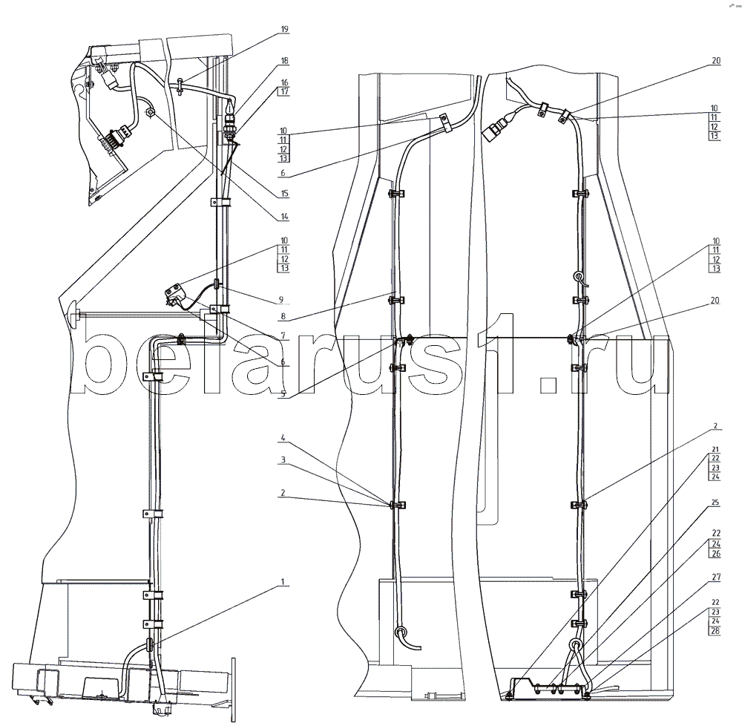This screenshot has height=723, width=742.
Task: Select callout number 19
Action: click(x=285, y=29)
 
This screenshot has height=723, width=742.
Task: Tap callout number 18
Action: click(x=285, y=60)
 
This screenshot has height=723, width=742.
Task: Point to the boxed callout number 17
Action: click(x=285, y=91)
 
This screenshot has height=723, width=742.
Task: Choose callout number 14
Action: click(x=285, y=217)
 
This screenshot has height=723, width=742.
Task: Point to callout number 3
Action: click(x=285, y=460)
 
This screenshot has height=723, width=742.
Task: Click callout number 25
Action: click(x=714, y=503)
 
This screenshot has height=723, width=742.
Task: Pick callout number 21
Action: click(x=714, y=449)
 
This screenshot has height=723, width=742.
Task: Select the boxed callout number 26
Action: click(x=714, y=553)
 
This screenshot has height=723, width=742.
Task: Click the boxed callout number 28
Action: click(x=714, y=630)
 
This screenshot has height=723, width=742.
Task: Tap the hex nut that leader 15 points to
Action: click(x=150, y=113)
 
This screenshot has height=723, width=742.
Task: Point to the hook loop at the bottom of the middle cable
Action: click(x=401, y=632)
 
